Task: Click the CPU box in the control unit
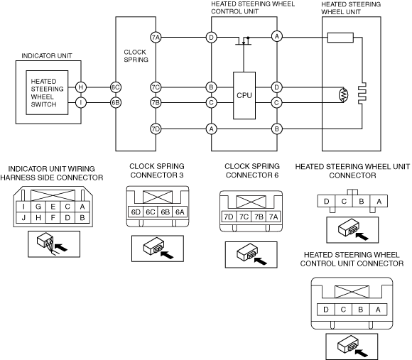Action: click(244, 95)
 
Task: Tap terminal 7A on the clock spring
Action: click(156, 38)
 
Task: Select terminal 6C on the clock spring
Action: click(116, 87)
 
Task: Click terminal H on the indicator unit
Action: click(81, 87)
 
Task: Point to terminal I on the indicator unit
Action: click(81, 102)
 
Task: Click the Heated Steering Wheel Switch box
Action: click(47, 92)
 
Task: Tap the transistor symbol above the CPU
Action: click(244, 41)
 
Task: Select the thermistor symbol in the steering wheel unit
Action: click(344, 95)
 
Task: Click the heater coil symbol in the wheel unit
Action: click(362, 92)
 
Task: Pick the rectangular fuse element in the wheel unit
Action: click(340, 38)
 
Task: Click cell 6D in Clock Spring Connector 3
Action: click(136, 212)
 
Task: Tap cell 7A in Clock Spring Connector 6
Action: click(273, 217)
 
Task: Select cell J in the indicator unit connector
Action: click(23, 218)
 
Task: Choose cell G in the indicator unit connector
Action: click(38, 207)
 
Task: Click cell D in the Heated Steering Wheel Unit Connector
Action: click(326, 202)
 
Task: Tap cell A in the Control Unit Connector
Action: click(378, 310)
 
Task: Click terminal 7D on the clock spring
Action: click(156, 129)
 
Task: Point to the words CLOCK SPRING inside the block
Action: click(136, 55)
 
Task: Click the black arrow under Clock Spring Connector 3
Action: click(167, 255)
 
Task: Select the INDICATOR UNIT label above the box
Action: click(47, 55)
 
